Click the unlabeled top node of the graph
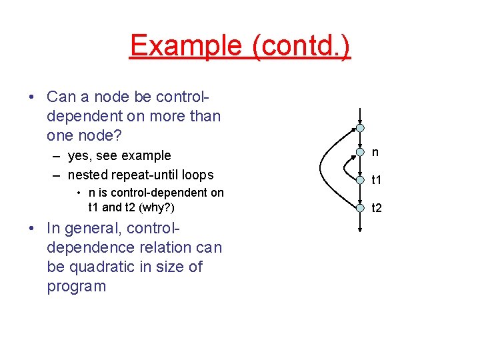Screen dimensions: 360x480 [x=359, y=127]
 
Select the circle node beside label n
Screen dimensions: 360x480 [x=359, y=153]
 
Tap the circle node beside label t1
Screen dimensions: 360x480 [x=359, y=179]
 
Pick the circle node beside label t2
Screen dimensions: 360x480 [x=359, y=207]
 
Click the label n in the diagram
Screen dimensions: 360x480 [x=375, y=153]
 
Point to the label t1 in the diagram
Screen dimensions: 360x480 [x=377, y=180]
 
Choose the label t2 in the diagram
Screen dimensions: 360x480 [x=377, y=208]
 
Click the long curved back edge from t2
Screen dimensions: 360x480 [x=323, y=167]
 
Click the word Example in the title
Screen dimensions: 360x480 [x=186, y=46]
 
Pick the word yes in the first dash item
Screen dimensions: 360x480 [x=80, y=155]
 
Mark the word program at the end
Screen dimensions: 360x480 [x=77, y=286]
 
